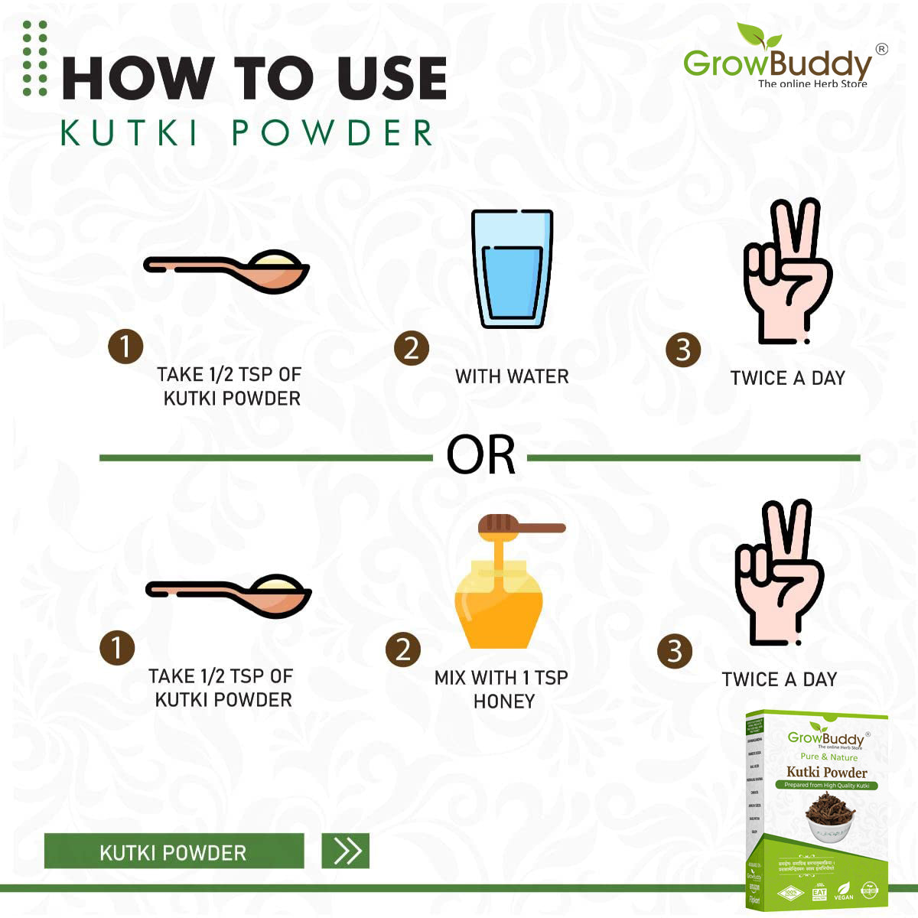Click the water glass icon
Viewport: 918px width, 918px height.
[x=512, y=269]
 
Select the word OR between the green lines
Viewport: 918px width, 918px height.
[x=480, y=457]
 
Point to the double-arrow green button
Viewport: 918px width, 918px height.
[x=346, y=851]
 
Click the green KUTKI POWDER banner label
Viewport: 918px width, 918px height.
[x=174, y=851]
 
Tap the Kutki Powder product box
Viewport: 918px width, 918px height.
[x=816, y=810]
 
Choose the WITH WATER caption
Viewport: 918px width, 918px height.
[x=512, y=376]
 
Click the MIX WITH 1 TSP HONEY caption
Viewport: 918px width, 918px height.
[x=502, y=689]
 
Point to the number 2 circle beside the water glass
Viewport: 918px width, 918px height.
[x=412, y=348]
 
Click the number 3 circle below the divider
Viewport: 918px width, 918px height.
[x=675, y=651]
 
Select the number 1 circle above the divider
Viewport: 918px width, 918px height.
[x=125, y=346]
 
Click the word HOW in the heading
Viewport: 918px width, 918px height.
[x=138, y=78]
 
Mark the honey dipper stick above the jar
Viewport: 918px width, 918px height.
[x=522, y=526]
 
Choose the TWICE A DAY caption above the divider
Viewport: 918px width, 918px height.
[x=787, y=378]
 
